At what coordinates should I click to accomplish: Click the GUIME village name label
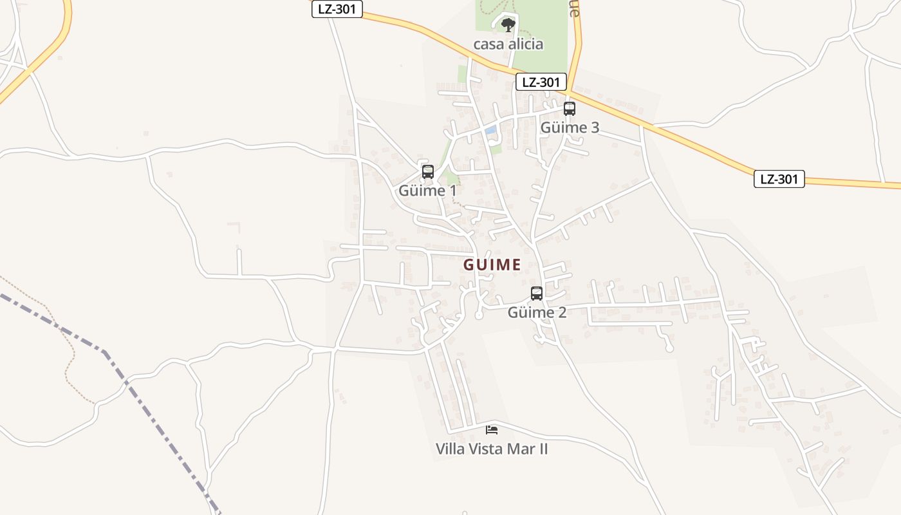[x=492, y=265]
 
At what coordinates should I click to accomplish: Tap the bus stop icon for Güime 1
[x=428, y=172]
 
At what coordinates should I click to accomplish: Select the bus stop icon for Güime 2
[x=537, y=294]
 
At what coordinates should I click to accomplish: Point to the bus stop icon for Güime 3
[x=570, y=109]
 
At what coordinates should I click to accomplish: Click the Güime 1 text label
[x=427, y=191]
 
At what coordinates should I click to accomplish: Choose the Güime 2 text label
[x=537, y=313]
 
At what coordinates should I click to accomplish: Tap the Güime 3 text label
[x=570, y=127]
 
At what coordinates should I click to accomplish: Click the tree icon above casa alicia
[x=508, y=25]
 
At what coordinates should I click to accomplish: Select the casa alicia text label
[x=508, y=44]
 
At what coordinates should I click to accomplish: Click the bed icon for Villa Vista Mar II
[x=492, y=429]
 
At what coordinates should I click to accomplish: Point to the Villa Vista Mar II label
[x=492, y=449]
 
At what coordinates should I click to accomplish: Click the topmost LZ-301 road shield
[x=337, y=9]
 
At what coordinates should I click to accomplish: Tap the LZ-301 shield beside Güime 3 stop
[x=541, y=82]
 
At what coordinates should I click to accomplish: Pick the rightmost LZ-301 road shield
[x=779, y=179]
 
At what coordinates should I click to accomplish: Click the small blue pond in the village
[x=490, y=131]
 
